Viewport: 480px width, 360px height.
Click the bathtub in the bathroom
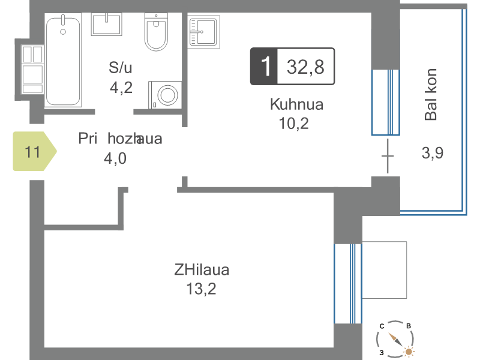pyautogui.click(x=63, y=61)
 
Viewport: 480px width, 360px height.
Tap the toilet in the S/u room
pyautogui.click(x=156, y=32)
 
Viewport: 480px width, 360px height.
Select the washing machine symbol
pyautogui.click(x=166, y=95)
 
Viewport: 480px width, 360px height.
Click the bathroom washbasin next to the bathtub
pyautogui.click(x=107, y=24)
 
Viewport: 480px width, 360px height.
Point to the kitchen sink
pyautogui.click(x=203, y=32)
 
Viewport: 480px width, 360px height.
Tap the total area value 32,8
pyautogui.click(x=305, y=67)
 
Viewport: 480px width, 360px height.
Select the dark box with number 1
pyautogui.click(x=264, y=66)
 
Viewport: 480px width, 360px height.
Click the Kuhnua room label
pyautogui.click(x=296, y=104)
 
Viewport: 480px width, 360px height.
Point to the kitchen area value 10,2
pyautogui.click(x=293, y=124)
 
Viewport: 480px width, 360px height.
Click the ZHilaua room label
pyautogui.click(x=202, y=270)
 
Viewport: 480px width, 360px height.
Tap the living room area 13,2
pyautogui.click(x=201, y=289)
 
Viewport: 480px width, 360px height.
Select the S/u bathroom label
pyautogui.click(x=121, y=67)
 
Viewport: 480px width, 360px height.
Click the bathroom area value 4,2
pyautogui.click(x=121, y=88)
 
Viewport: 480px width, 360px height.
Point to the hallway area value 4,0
pyautogui.click(x=115, y=158)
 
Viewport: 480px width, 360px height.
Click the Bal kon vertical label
pyautogui.click(x=431, y=95)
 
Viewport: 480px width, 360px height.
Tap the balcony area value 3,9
pyautogui.click(x=432, y=153)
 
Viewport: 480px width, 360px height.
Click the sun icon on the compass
pyautogui.click(x=409, y=351)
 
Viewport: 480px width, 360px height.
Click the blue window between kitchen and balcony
pyautogui.click(x=386, y=102)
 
